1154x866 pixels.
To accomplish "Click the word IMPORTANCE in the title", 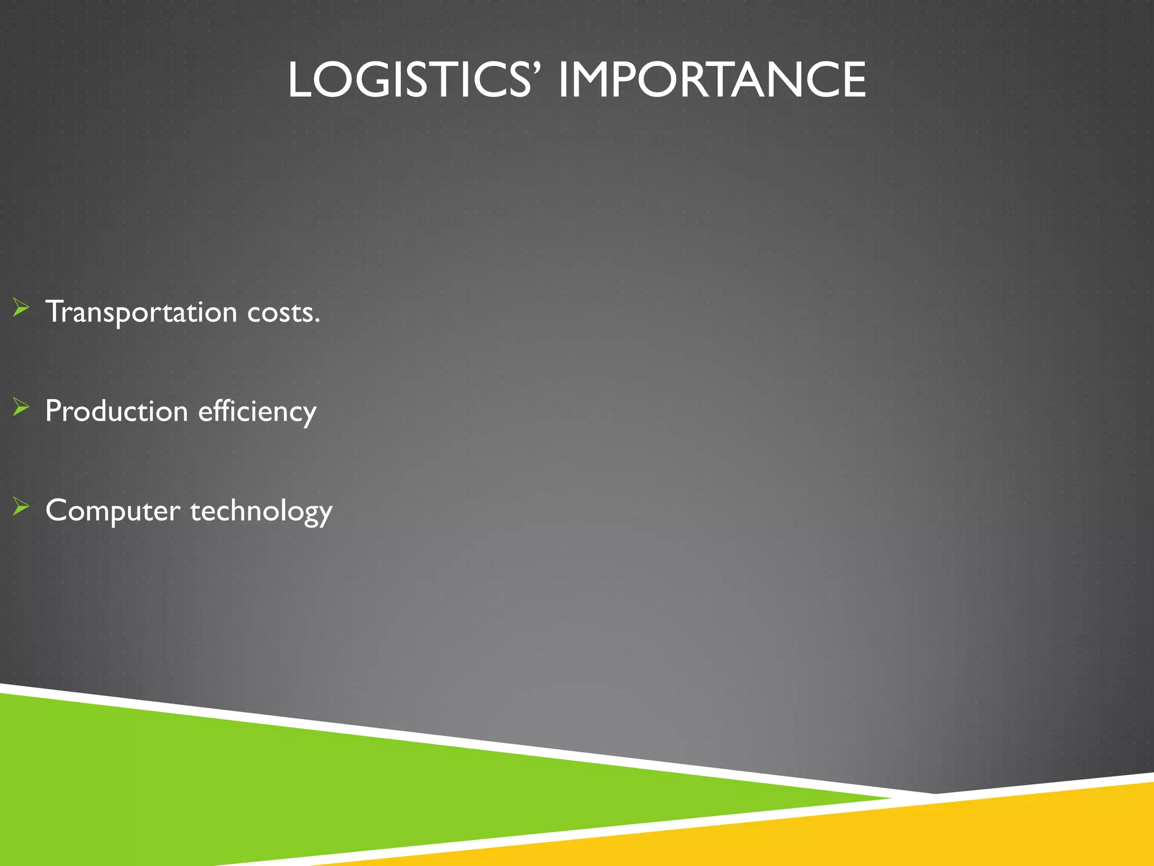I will coord(712,80).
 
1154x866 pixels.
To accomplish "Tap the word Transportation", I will coord(141,312).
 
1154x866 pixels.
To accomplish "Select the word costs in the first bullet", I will coord(279,312).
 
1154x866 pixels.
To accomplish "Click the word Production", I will coord(116,411).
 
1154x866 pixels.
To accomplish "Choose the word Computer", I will coord(113,511).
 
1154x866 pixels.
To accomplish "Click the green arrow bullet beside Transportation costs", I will coord(21,308).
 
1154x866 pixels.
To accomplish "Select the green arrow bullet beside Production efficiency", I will coord(21,407).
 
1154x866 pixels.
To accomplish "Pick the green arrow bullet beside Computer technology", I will coord(21,506).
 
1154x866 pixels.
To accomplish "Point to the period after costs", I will coord(317,322).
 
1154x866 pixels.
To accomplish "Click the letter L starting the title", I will coord(300,80).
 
